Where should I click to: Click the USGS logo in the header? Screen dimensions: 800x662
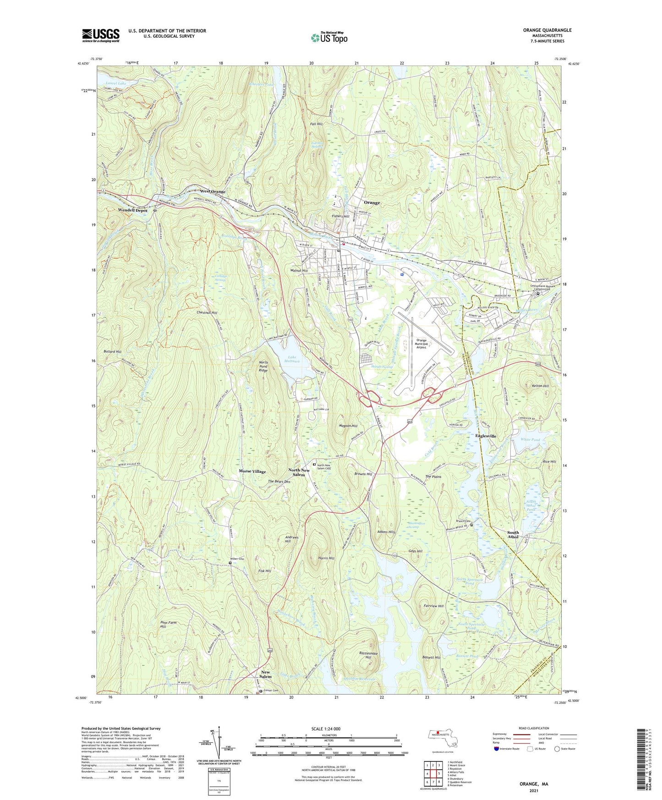(101, 35)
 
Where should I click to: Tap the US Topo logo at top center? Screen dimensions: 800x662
(328, 38)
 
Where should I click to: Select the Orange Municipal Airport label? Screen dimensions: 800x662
(421, 344)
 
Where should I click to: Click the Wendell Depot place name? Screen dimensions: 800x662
(133, 210)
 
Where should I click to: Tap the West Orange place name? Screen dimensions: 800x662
(213, 191)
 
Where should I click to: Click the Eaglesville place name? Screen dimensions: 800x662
(486, 436)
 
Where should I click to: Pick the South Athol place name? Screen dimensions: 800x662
(513, 535)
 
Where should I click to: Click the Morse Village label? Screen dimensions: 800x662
(252, 471)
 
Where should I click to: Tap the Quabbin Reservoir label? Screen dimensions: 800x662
(358, 679)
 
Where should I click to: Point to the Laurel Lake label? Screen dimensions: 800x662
(115, 83)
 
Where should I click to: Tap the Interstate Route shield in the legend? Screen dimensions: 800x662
(497, 749)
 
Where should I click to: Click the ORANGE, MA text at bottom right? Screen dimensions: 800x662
(534, 784)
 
